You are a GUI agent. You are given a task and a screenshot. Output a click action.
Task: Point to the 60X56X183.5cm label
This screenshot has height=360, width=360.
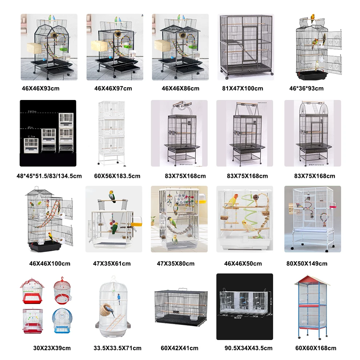pyautogui.click(x=117, y=176)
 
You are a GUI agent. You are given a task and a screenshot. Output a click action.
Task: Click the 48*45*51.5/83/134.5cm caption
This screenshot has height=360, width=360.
pyautogui.click(x=49, y=176)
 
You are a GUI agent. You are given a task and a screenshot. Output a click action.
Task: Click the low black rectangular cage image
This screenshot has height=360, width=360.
pyautogui.click(x=181, y=306)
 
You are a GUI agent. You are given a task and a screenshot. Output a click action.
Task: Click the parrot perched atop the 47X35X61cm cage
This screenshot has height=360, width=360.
pyautogui.click(x=113, y=196)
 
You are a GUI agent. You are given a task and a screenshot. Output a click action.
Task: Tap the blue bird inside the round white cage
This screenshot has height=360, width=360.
pyautogui.click(x=119, y=299)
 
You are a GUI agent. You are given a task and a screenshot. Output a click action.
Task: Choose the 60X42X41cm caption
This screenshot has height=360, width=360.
pyautogui.click(x=180, y=348)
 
